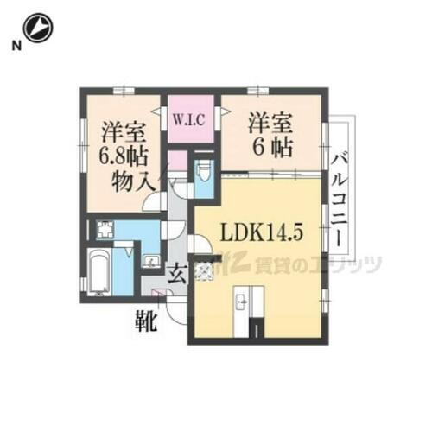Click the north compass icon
tap(38, 29)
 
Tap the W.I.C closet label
tap(188, 119)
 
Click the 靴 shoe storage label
tap(145, 322)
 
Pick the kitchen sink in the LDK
tap(243, 302)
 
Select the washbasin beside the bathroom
tap(149, 259)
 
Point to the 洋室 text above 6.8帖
tap(124, 134)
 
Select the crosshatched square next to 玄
tap(204, 272)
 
